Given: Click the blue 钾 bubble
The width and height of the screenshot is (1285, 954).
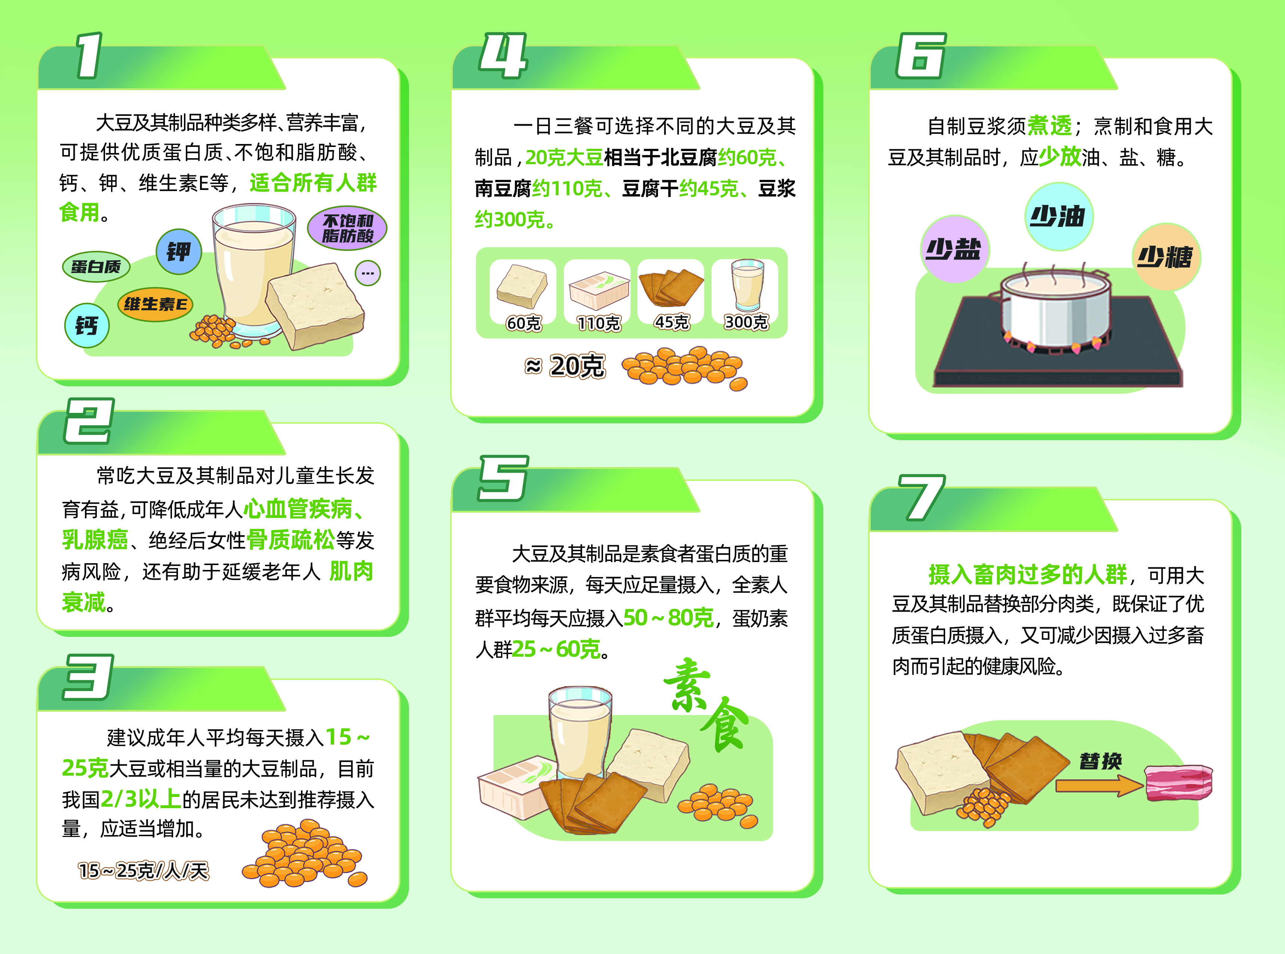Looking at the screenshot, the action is [x=179, y=251].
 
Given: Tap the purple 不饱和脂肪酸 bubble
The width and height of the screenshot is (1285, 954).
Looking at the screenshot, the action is [x=347, y=228].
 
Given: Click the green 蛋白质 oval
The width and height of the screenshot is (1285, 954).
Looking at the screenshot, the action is [x=96, y=266].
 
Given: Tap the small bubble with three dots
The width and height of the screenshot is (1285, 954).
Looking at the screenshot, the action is [x=368, y=273].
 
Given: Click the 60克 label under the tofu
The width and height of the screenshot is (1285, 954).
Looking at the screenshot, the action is [x=523, y=323].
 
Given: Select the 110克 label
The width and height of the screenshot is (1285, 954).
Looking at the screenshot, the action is [x=599, y=323].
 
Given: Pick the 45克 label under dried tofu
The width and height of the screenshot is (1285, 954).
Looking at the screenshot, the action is [x=672, y=322].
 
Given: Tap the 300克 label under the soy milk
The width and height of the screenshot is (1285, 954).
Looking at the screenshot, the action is [x=746, y=322].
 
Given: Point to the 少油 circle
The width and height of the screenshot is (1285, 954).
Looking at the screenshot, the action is [x=1059, y=217].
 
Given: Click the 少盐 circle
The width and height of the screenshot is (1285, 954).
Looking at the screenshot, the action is [x=954, y=249].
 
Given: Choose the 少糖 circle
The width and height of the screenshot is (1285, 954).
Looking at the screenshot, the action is [x=1166, y=257].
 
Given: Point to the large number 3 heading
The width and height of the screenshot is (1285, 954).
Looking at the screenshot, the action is [x=88, y=677].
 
